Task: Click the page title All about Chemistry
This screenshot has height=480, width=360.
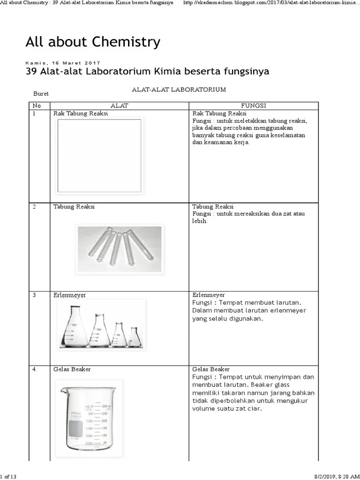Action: [93, 42]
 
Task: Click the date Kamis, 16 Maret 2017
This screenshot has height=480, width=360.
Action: [62, 63]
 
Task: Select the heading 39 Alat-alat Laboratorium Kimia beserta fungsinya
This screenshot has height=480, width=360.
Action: [147, 72]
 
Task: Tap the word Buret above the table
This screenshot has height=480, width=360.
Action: [41, 94]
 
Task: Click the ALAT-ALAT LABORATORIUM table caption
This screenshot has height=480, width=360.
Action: [179, 89]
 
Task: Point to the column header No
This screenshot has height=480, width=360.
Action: [37, 106]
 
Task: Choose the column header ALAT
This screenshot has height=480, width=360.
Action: [119, 106]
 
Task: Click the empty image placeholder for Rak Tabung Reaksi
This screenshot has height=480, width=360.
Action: [98, 156]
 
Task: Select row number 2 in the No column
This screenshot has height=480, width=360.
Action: [34, 207]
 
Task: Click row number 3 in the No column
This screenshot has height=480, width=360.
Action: [34, 295]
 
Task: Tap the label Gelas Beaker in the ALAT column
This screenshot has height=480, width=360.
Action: [72, 369]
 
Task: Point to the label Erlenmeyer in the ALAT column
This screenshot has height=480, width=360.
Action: [69, 295]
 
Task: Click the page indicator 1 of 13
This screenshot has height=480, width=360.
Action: [8, 477]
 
